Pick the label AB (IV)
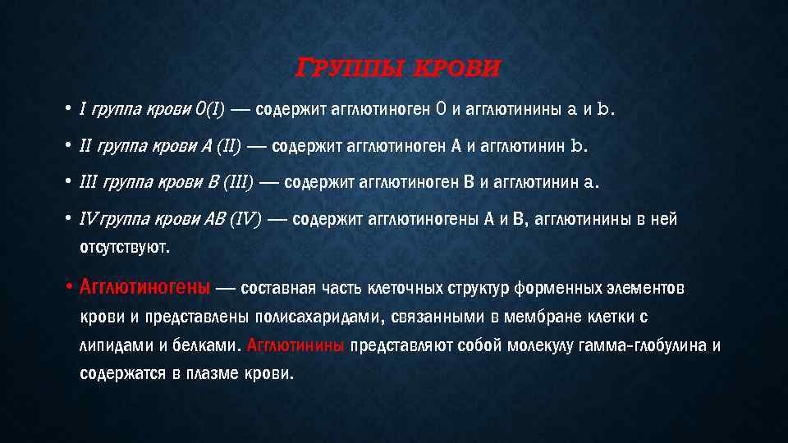[x=235, y=219]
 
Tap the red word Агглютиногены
[x=144, y=288]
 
